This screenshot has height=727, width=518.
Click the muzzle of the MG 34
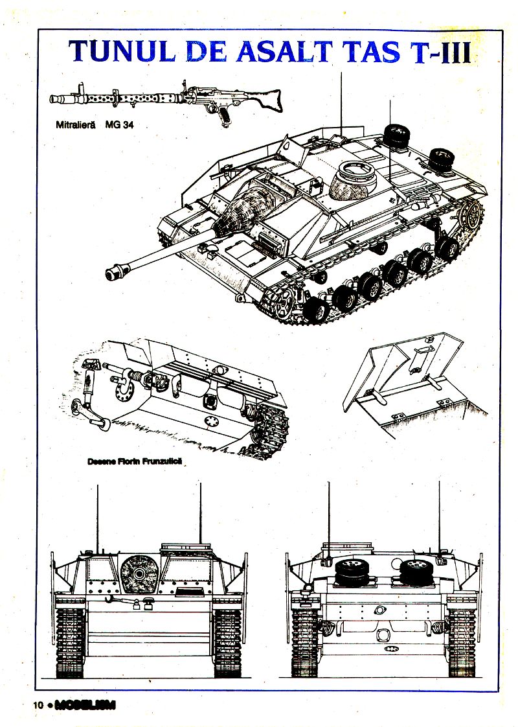[x=54, y=98]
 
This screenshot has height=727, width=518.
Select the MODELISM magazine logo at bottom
[x=85, y=706]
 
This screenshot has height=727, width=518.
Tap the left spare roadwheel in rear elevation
[x=350, y=571]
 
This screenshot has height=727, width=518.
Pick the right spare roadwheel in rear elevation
[x=414, y=571]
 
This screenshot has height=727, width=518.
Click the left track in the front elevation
[x=69, y=641]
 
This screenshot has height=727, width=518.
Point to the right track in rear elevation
[x=462, y=641]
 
